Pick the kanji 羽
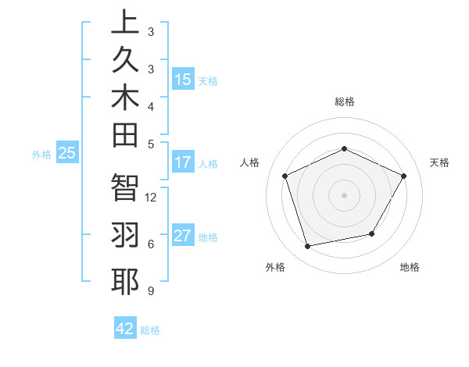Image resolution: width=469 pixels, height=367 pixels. [125, 235]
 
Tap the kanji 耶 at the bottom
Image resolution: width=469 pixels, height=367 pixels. [125, 282]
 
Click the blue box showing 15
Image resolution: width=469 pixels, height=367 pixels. [183, 79]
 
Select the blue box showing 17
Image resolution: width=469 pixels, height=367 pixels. [183, 162]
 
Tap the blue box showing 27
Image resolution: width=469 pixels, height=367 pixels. [183, 236]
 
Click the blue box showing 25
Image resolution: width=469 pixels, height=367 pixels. [67, 153]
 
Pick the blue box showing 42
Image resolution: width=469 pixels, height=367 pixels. [125, 329]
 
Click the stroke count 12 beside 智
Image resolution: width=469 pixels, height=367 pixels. [152, 197]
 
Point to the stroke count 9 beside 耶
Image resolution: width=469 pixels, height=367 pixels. [150, 291]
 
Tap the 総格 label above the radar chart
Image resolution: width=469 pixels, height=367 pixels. [345, 102]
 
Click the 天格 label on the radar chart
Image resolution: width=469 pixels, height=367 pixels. [440, 162]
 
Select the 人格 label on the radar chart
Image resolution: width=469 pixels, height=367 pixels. [250, 162]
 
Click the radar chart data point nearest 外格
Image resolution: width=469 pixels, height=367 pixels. [308, 247]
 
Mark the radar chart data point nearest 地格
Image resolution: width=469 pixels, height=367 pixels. [372, 233]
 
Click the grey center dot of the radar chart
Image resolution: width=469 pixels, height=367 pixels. [345, 194]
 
